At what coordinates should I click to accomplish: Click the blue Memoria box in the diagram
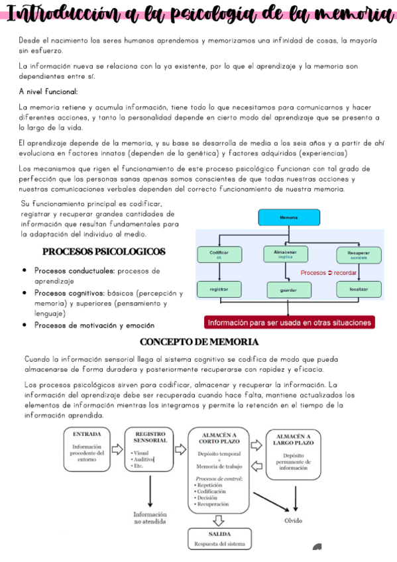click(288, 217)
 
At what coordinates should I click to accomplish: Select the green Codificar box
click(219, 254)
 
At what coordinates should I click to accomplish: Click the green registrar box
click(219, 290)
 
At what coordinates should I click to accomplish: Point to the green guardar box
click(288, 290)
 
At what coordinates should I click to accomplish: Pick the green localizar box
click(359, 289)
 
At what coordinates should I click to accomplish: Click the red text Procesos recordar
click(329, 272)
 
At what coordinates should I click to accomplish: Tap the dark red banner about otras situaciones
click(290, 323)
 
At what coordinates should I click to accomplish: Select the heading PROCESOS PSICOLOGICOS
click(103, 252)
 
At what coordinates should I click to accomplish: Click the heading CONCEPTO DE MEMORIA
click(199, 342)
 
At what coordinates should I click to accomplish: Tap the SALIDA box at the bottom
click(219, 538)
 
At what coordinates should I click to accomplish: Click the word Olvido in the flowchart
click(293, 520)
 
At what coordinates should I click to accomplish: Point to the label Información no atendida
click(150, 518)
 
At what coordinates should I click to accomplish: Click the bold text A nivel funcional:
click(48, 91)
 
